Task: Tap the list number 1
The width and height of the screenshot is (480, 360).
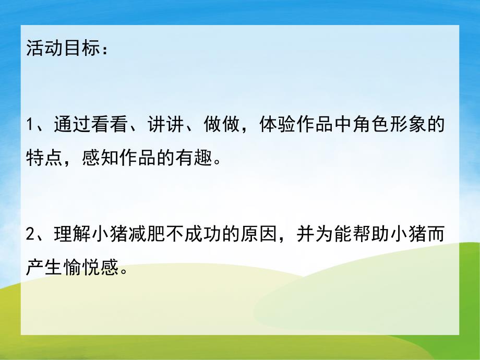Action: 30,127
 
